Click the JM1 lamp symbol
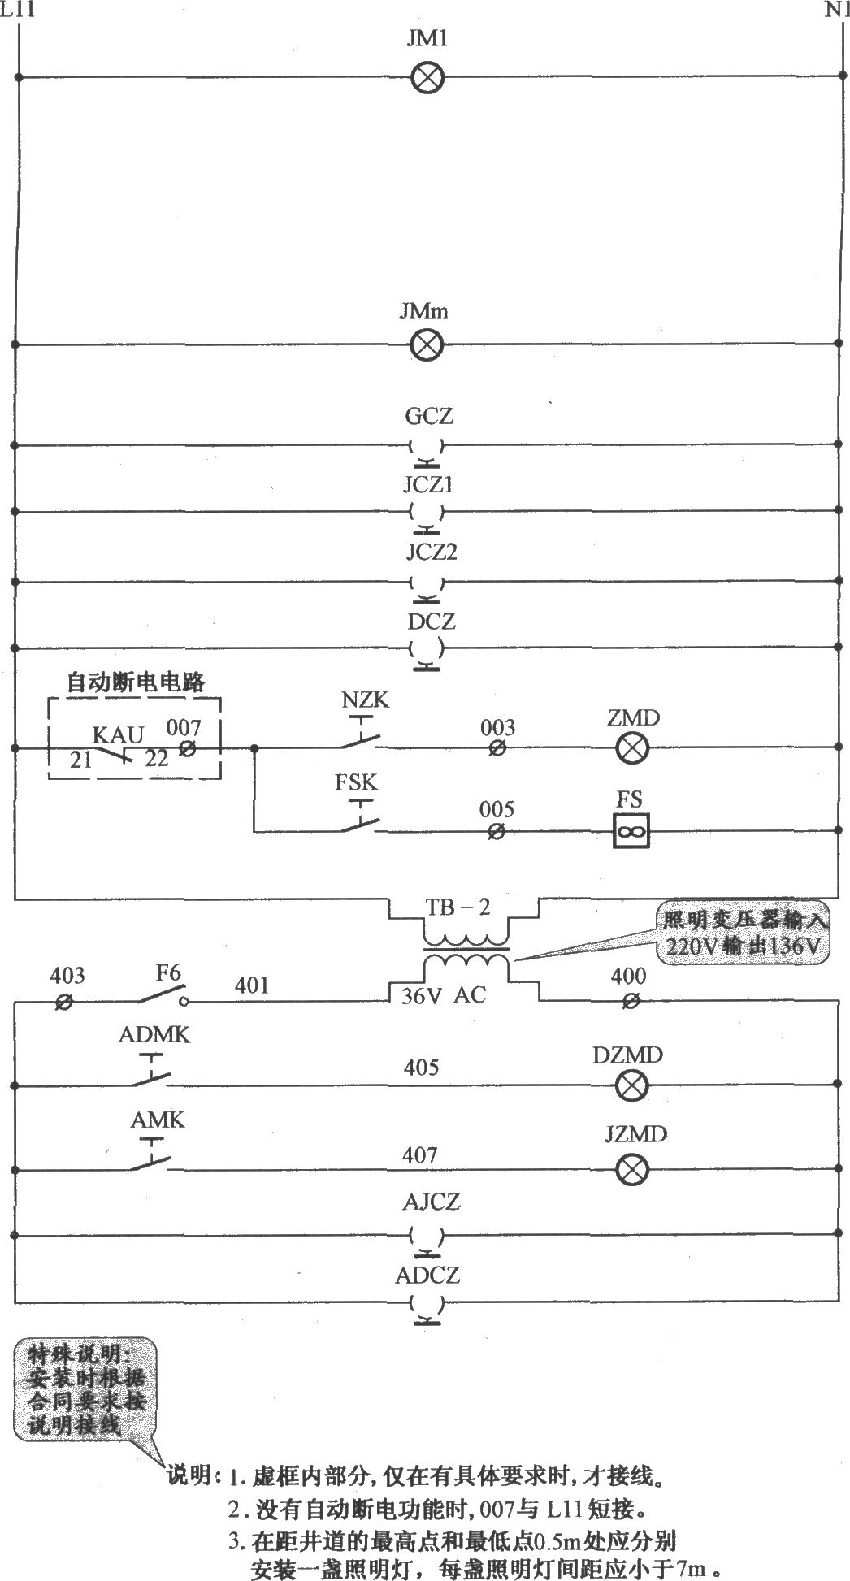pos(427,77)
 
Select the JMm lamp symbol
pos(425,345)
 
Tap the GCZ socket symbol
pos(426,448)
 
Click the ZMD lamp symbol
pos(631,747)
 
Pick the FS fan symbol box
pos(631,831)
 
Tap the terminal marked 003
pos(497,748)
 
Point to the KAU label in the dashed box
pos(118,735)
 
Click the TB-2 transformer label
pos(458,907)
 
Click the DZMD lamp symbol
pos(631,1084)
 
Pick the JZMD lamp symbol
pos(631,1170)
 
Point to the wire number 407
pos(420,1154)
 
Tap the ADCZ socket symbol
pos(426,1306)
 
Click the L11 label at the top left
pos(17,11)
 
